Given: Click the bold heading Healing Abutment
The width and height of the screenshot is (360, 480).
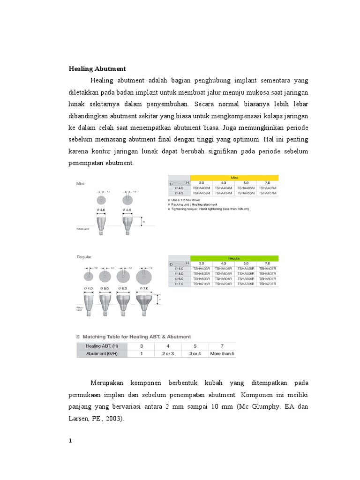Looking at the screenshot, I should pyautogui.click(x=97, y=68).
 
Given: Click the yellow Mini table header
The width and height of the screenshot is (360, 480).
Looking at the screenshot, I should pyautogui.click(x=234, y=177).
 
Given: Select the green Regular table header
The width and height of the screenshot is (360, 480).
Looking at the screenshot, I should pyautogui.click(x=234, y=258).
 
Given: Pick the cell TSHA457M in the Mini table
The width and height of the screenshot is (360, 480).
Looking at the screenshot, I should pyautogui.click(x=268, y=193).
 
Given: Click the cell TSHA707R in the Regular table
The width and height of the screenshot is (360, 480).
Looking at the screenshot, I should pyautogui.click(x=268, y=284).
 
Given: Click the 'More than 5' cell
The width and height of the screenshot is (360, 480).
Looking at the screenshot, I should pyautogui.click(x=222, y=353).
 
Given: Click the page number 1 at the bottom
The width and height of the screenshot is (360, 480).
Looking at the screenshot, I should pyautogui.click(x=71, y=441).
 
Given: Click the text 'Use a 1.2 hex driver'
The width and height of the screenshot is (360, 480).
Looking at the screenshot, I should pyautogui.click(x=187, y=200).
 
